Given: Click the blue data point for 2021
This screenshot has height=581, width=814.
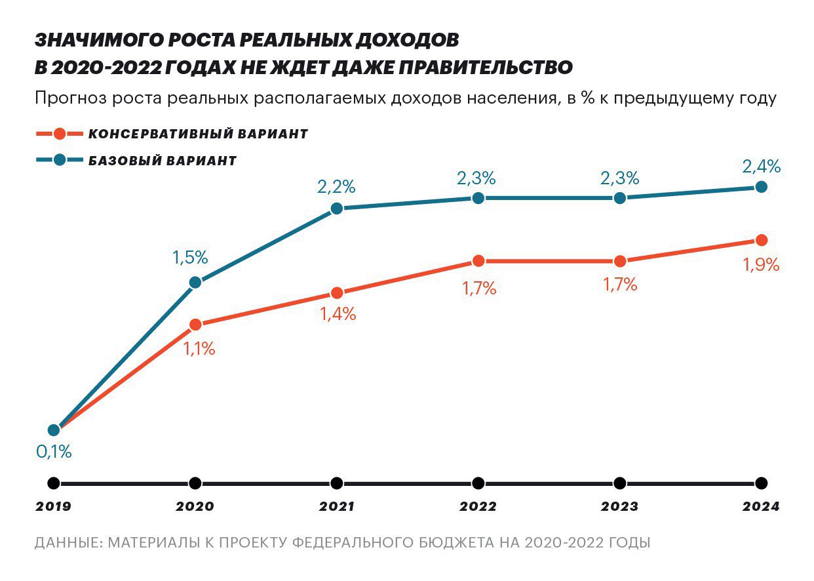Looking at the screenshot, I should click(x=336, y=209).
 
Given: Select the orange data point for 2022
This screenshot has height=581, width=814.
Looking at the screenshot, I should click(x=478, y=261).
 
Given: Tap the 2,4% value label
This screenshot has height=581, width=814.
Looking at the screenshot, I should click(x=761, y=167).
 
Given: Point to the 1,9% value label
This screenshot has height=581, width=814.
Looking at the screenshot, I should click(x=761, y=265).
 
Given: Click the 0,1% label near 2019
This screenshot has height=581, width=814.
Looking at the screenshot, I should click(x=54, y=452).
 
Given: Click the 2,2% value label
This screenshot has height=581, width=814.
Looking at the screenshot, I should click(x=336, y=187).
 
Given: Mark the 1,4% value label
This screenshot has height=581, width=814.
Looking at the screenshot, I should click(x=338, y=314).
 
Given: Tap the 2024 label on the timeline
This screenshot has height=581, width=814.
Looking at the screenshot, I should click(x=761, y=507).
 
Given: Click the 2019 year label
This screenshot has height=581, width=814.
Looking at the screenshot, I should click(x=54, y=507).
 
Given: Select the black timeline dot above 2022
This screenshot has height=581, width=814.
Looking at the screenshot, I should click(x=478, y=483).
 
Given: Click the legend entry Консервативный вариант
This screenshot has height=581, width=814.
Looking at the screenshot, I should click(x=198, y=134).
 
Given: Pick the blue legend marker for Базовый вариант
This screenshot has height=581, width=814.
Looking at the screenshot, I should click(x=60, y=160).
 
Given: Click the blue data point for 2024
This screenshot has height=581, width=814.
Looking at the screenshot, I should click(x=761, y=187).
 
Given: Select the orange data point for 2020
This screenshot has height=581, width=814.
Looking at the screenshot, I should click(x=195, y=325).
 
